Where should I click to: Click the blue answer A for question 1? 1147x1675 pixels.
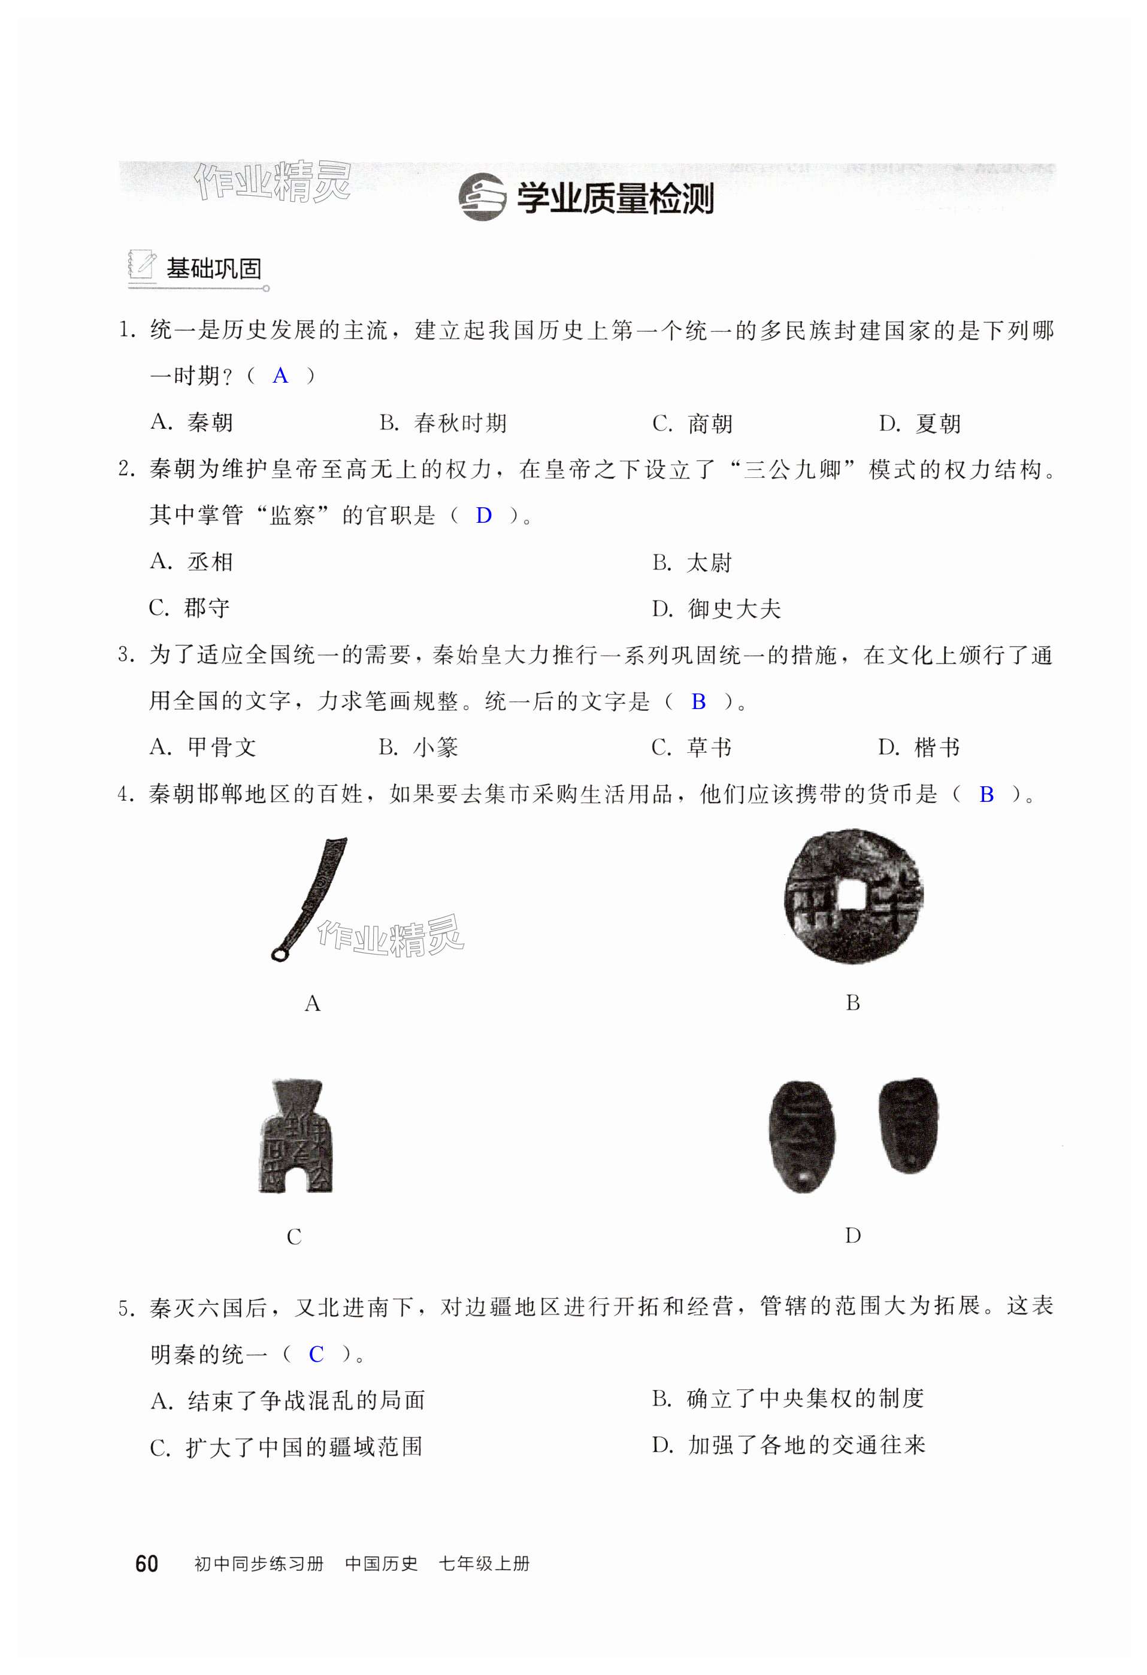tap(280, 375)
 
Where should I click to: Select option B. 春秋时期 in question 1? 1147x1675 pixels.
tap(443, 423)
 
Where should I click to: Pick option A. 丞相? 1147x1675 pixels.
tap(192, 562)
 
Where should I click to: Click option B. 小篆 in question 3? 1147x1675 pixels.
tap(418, 747)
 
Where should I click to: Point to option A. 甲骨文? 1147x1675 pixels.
tap(203, 747)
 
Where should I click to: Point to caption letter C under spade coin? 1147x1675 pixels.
tap(293, 1237)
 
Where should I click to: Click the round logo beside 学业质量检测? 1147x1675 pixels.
tap(482, 197)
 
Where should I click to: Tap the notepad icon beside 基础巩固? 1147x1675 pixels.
tap(141, 266)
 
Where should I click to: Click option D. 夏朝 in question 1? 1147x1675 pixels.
tap(920, 423)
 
